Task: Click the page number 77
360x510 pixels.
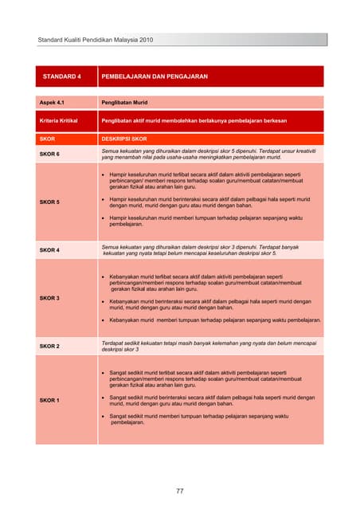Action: tap(180, 491)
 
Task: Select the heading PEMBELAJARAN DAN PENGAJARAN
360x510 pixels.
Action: tap(154, 76)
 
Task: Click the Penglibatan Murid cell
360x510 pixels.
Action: tap(127, 103)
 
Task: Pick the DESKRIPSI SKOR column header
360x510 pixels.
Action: tap(123, 138)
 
